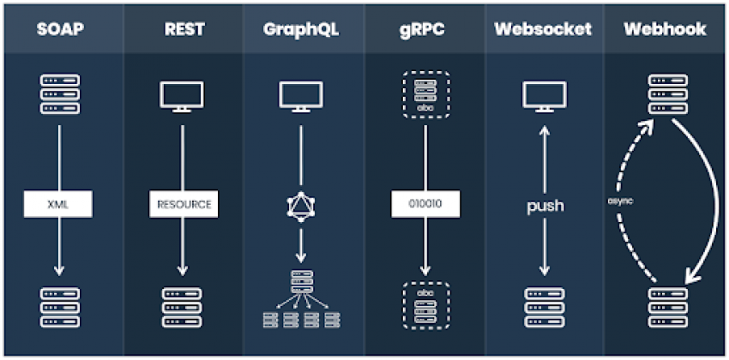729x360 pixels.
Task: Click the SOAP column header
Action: coord(60,29)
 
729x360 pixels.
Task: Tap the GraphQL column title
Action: coord(301,29)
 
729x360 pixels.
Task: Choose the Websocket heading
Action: coord(543,29)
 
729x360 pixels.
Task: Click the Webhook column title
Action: coord(665,29)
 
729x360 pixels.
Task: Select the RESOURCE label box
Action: coord(182,205)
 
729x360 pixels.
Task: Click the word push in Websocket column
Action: coord(544,206)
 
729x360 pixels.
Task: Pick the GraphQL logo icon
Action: coord(301,206)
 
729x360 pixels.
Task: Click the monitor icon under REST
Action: coord(182,96)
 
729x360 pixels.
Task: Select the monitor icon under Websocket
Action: coord(544,96)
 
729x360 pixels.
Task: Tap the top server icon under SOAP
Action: coord(60,93)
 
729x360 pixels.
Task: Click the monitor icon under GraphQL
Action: coord(301,96)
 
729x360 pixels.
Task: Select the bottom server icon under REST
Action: coord(182,308)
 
